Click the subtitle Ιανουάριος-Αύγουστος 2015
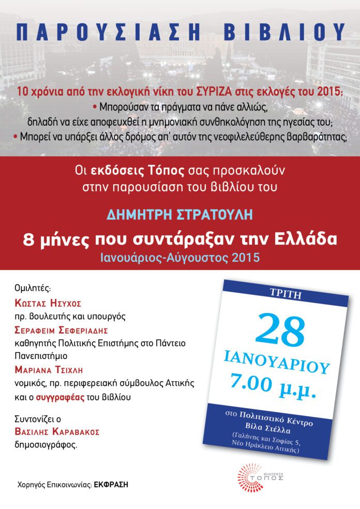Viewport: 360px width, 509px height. pyautogui.click(x=179, y=257)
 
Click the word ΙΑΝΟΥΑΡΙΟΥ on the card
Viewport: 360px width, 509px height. pyautogui.click(x=277, y=362)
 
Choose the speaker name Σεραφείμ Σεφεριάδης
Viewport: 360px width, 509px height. pyautogui.click(x=61, y=330)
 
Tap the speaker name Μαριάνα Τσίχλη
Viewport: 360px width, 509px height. pyautogui.click(x=51, y=370)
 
